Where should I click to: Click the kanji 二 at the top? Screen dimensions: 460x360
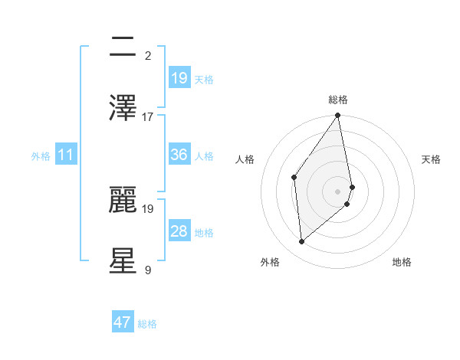123,47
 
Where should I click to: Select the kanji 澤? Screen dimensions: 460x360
123,107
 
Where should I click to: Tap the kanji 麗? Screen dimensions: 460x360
123,198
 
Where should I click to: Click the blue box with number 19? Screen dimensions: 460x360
179,78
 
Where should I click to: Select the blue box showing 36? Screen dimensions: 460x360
179,155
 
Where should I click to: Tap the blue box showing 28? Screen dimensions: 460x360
179,231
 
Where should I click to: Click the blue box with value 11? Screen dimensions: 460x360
66,155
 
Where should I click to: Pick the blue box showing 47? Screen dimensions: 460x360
123,322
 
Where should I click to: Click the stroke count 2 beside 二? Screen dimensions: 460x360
148,55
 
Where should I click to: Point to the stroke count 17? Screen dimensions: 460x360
148,116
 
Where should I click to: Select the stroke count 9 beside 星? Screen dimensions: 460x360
148,270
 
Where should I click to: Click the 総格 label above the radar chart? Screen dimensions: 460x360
338,100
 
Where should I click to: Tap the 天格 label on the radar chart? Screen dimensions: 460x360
432,159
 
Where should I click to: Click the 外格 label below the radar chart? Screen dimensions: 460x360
270,263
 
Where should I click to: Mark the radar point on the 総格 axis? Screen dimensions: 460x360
338,116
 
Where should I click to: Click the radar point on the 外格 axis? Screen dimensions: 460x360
302,241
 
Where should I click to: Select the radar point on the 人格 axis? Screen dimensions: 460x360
294,177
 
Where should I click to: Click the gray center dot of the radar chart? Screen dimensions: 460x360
338,191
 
